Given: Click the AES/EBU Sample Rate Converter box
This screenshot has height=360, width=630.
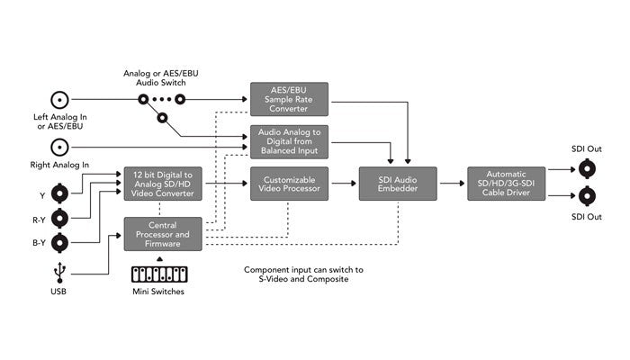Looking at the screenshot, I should coord(289,98).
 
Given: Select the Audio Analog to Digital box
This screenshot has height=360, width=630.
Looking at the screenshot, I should coord(289,141).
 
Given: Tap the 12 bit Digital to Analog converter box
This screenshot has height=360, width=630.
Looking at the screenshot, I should coord(163,184).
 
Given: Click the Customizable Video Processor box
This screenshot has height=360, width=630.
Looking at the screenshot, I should coord(289,184).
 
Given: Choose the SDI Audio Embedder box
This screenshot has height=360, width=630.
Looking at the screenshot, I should coord(397,184).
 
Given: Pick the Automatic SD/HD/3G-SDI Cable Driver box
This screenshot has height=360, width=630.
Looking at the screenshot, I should coord(505,184).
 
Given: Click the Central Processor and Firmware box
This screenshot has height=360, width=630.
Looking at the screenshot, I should coord(163,234).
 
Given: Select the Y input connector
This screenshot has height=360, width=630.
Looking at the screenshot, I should coord(60,192).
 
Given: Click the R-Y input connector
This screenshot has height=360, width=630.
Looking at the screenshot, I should coord(60,217).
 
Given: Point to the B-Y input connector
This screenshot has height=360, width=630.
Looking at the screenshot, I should coord(60,242).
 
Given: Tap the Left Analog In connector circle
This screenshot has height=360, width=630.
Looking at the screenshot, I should coord(60,100).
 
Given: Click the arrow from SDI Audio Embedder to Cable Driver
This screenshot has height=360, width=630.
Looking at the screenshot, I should coord(452,184).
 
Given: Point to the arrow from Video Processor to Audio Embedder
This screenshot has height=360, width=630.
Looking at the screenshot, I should coord(343,184).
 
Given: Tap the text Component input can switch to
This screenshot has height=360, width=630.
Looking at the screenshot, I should coord(302,270).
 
